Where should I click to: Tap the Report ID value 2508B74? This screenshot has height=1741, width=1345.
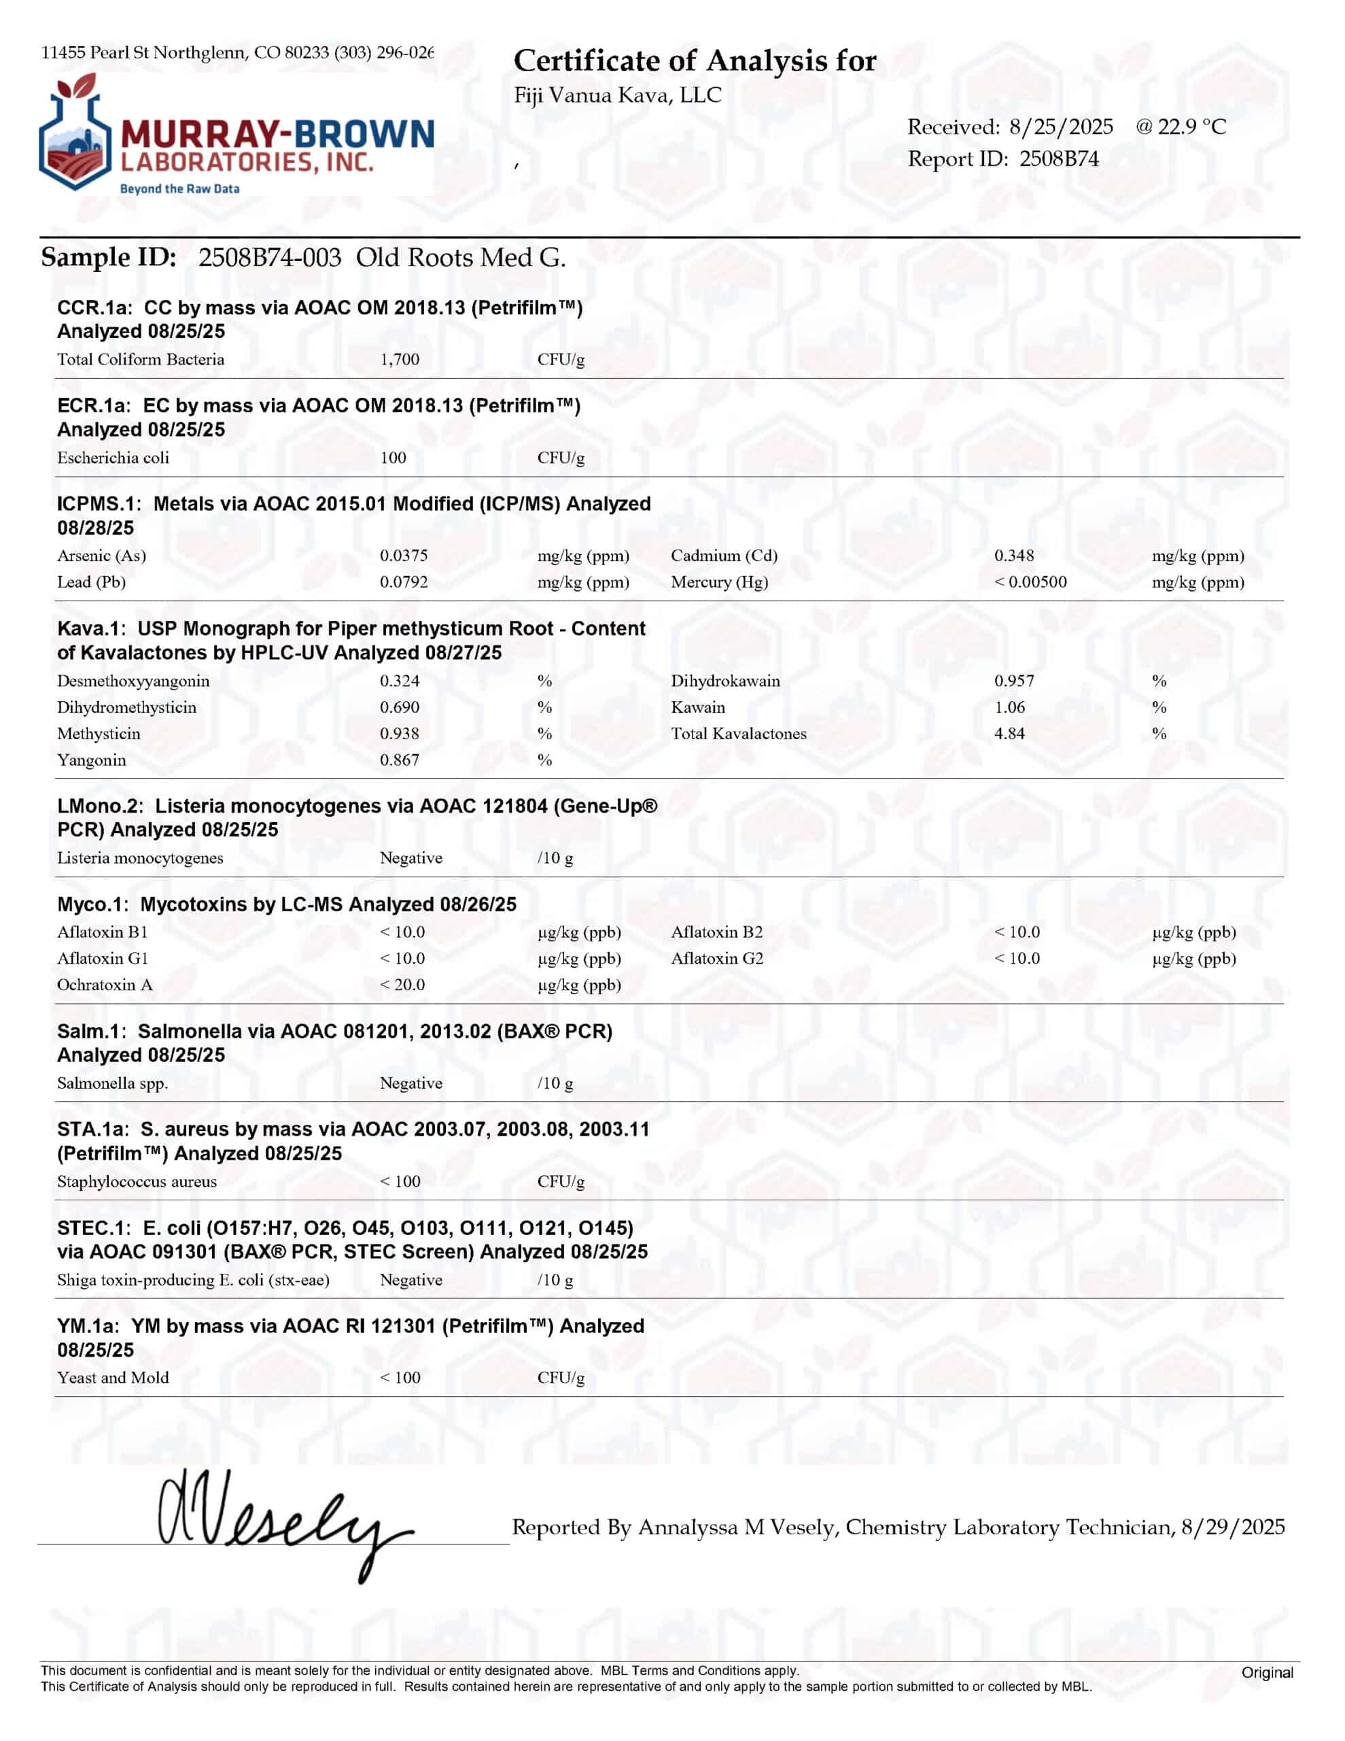pyautogui.click(x=1058, y=159)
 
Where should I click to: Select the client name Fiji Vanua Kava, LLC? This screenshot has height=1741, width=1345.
pyautogui.click(x=618, y=96)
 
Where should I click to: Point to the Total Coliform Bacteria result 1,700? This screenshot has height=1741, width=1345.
pyautogui.click(x=399, y=360)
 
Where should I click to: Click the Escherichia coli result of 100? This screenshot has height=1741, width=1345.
pyautogui.click(x=393, y=458)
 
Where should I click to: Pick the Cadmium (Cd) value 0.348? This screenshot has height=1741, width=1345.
pyautogui.click(x=1013, y=556)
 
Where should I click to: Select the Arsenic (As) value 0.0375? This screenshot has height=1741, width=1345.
pyautogui.click(x=403, y=556)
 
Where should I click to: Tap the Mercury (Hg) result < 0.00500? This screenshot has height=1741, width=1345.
pyautogui.click(x=1030, y=582)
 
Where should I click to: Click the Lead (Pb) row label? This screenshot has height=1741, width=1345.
pyautogui.click(x=92, y=582)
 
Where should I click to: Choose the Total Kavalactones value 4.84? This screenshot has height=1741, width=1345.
pyautogui.click(x=1009, y=733)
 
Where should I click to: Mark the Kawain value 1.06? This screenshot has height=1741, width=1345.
pyautogui.click(x=1009, y=707)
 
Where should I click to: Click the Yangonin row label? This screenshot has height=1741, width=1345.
pyautogui.click(x=92, y=760)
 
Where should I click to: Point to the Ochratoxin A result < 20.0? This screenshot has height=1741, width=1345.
pyautogui.click(x=402, y=985)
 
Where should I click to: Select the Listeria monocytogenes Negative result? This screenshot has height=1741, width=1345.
pyautogui.click(x=411, y=858)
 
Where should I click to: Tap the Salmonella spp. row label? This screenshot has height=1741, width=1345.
pyautogui.click(x=112, y=1083)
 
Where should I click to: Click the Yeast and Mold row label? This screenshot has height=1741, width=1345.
pyautogui.click(x=113, y=1377)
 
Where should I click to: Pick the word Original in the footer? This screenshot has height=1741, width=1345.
pyautogui.click(x=1266, y=1672)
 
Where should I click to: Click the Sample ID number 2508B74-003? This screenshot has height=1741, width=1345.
pyautogui.click(x=269, y=258)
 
